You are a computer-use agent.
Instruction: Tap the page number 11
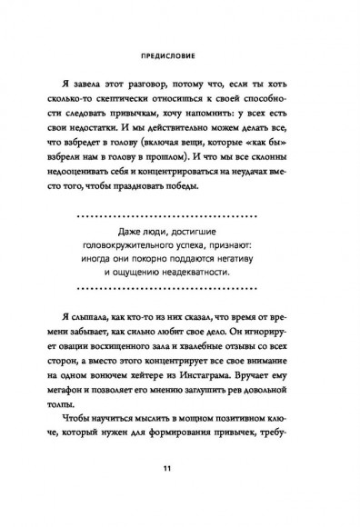(180, 469)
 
